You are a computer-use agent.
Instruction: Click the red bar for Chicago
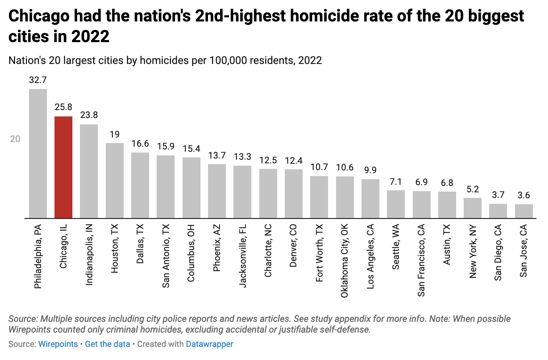pyautogui.click(x=63, y=167)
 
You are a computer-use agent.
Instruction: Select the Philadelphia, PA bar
pyautogui.click(x=38, y=154)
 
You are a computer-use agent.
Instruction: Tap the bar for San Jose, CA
pyautogui.click(x=524, y=211)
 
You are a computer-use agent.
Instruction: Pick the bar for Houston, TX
pyautogui.click(x=115, y=181)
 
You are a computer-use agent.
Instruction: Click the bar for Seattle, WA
pyautogui.click(x=396, y=204)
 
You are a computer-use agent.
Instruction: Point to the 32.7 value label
pyautogui.click(x=38, y=80)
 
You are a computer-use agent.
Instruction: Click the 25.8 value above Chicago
pyautogui.click(x=63, y=107)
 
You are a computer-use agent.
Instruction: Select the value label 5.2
pyautogui.click(x=472, y=189)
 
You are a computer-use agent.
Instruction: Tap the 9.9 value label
pyautogui.click(x=370, y=170)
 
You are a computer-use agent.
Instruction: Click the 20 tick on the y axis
pyautogui.click(x=15, y=139)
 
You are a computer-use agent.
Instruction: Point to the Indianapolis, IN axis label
pyautogui.click(x=89, y=254)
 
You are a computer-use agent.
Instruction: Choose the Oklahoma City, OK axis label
pyautogui.click(x=345, y=261)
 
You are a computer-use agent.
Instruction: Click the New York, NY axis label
pyautogui.click(x=472, y=251)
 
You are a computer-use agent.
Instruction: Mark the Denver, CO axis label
pyautogui.click(x=293, y=246)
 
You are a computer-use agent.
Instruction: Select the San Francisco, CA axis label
pyautogui.click(x=422, y=260)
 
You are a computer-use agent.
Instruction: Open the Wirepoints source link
pyautogui.click(x=58, y=344)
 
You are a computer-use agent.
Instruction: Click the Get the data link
pyautogui.click(x=107, y=344)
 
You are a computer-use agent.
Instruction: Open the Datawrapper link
pyautogui.click(x=210, y=344)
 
